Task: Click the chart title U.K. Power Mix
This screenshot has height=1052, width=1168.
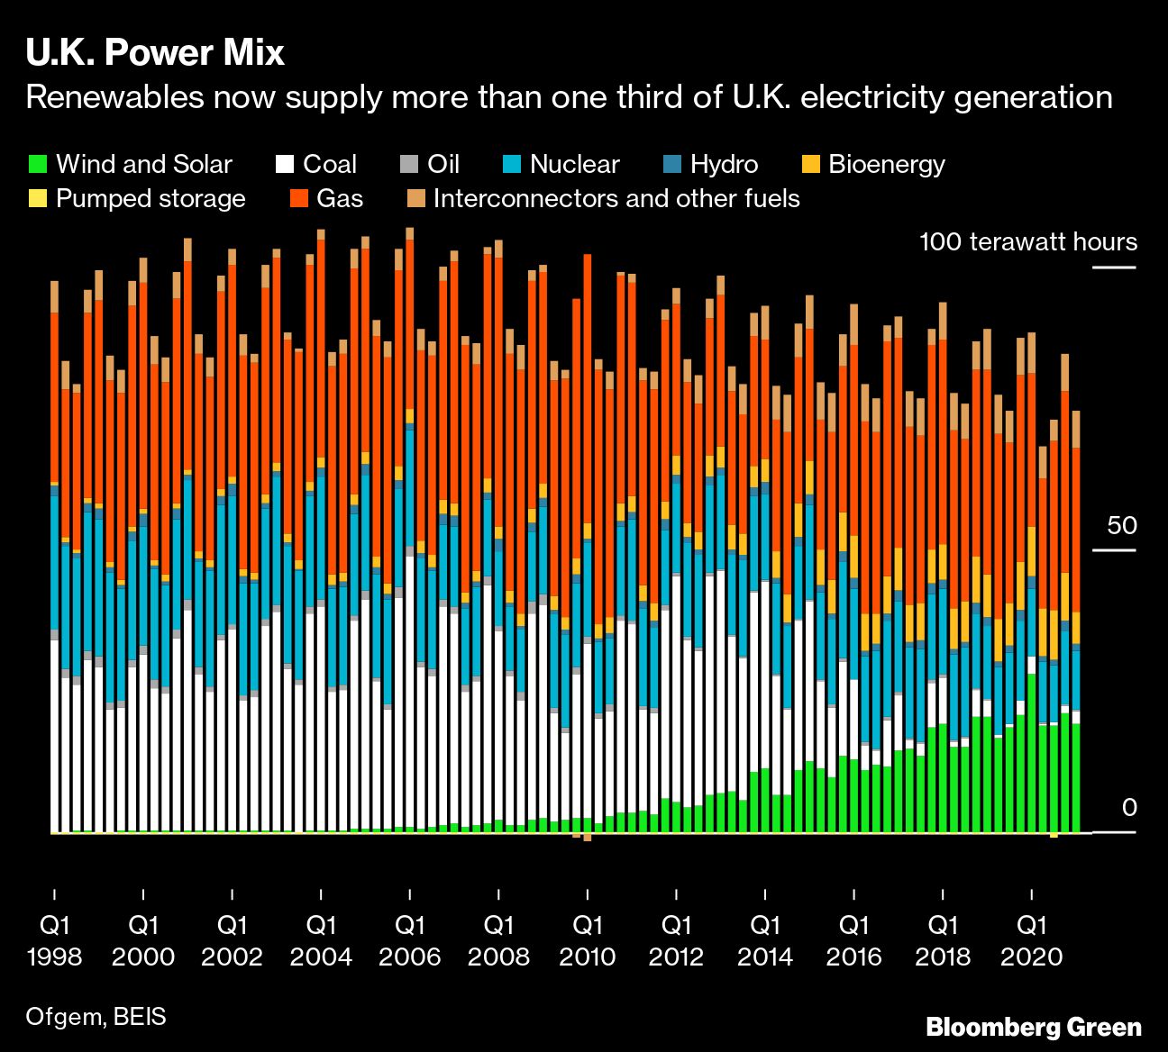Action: pyautogui.click(x=155, y=53)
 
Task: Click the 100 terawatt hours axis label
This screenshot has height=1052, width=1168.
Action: pyautogui.click(x=1028, y=242)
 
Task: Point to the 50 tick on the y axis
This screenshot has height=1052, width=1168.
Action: pyautogui.click(x=1122, y=526)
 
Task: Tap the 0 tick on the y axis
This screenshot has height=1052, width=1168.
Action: pyautogui.click(x=1129, y=808)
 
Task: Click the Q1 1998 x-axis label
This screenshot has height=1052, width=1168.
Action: pyautogui.click(x=55, y=940)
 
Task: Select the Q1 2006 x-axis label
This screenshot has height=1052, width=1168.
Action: pyautogui.click(x=410, y=940)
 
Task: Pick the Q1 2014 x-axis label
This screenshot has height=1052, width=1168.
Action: pyautogui.click(x=765, y=940)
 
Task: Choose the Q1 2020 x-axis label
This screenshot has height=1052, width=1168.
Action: pyautogui.click(x=1032, y=940)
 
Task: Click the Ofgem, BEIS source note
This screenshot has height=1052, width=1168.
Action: pyautogui.click(x=96, y=1017)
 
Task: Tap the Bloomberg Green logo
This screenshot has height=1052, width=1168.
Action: pyautogui.click(x=1034, y=1027)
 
